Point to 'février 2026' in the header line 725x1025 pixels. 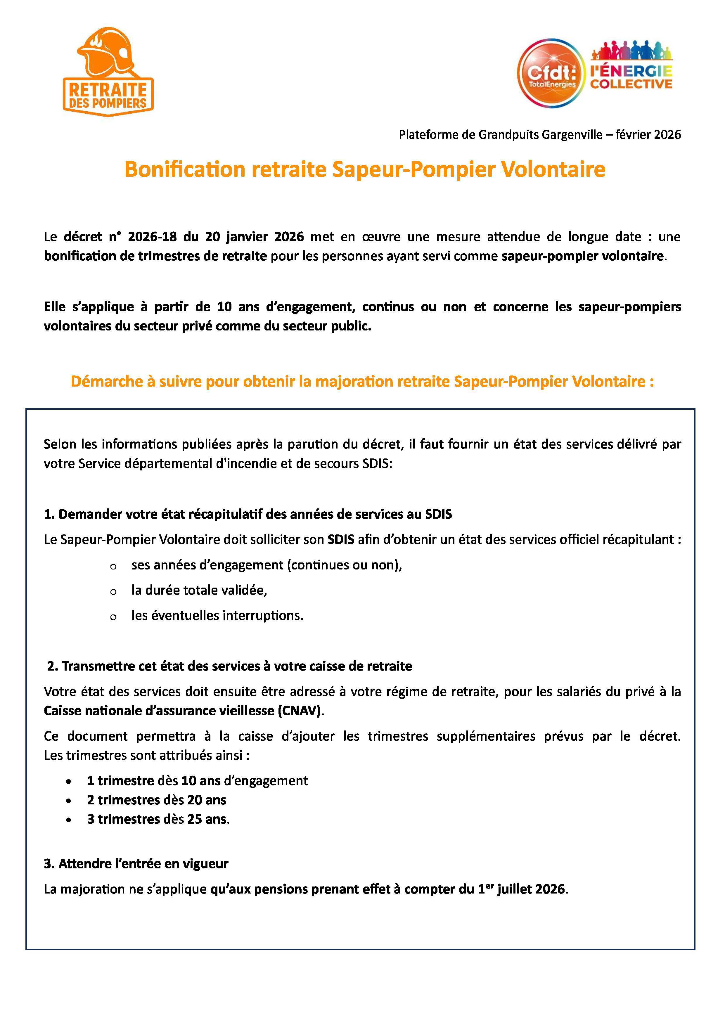click(x=648, y=134)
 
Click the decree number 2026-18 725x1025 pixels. click(x=150, y=237)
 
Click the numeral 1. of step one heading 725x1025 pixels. click(x=49, y=514)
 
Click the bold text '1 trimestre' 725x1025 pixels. click(x=120, y=781)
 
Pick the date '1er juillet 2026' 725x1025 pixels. click(x=521, y=889)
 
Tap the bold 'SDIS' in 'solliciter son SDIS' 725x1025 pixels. click(x=341, y=540)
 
